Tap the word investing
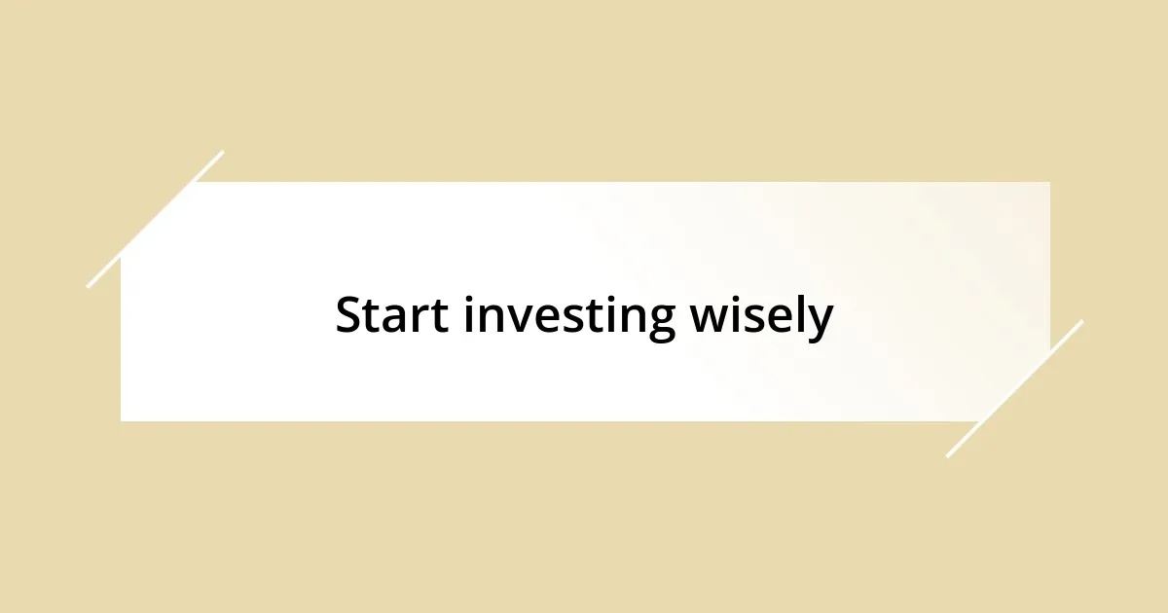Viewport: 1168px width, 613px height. [x=568, y=318]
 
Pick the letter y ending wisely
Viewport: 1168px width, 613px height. [x=821, y=324]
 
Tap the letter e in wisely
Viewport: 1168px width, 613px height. [x=779, y=320]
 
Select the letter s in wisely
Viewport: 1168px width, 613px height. [x=754, y=320]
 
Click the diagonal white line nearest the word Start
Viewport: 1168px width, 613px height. [x=156, y=219]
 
